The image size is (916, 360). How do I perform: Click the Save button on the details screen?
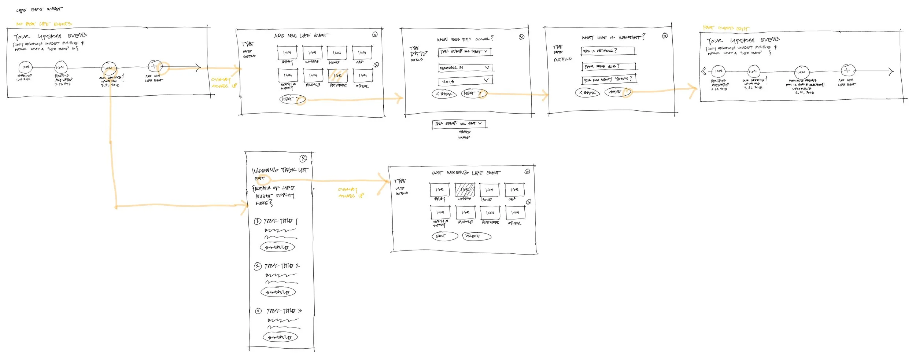pyautogui.click(x=616, y=92)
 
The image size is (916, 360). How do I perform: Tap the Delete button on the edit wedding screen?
pyautogui.click(x=476, y=236)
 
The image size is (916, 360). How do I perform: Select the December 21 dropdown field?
pyautogui.click(x=465, y=68)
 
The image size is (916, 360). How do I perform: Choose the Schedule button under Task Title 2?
pyautogui.click(x=278, y=292)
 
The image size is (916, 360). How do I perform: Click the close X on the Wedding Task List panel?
pyautogui.click(x=303, y=158)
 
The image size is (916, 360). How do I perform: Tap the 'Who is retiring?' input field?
pyautogui.click(x=608, y=51)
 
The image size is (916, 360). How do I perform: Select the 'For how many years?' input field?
pyautogui.click(x=609, y=80)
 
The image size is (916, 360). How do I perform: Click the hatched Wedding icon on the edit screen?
pyautogui.click(x=465, y=190)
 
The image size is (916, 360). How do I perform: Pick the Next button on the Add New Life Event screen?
pyautogui.click(x=291, y=99)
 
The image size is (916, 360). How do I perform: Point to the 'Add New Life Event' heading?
pyautogui.click(x=301, y=36)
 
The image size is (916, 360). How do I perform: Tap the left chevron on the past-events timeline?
pyautogui.click(x=703, y=71)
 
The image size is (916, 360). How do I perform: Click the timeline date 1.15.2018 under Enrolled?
pyautogui.click(x=23, y=80)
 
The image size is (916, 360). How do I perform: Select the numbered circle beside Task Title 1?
pyautogui.click(x=257, y=221)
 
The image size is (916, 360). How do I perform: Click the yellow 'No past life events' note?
pyautogui.click(x=44, y=24)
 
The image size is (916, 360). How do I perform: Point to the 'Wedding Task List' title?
pyautogui.click(x=280, y=170)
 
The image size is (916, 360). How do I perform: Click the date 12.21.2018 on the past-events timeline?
pyautogui.click(x=804, y=93)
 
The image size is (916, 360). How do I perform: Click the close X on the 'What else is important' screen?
pyautogui.click(x=665, y=36)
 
